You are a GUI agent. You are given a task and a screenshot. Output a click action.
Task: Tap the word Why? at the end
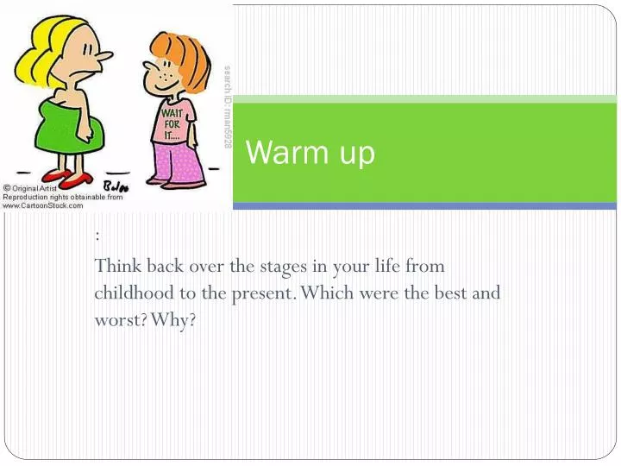coord(176,320)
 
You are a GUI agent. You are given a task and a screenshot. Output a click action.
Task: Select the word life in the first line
coord(384,266)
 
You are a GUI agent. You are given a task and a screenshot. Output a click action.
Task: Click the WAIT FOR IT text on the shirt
coord(171,123)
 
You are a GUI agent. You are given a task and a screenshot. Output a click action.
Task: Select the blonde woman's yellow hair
coord(43,35)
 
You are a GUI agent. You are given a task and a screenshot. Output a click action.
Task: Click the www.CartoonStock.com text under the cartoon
coord(43,205)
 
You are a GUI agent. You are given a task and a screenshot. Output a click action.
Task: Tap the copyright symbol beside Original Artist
coord(7,188)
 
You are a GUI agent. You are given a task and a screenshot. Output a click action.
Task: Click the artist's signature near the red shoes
coord(115,185)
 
